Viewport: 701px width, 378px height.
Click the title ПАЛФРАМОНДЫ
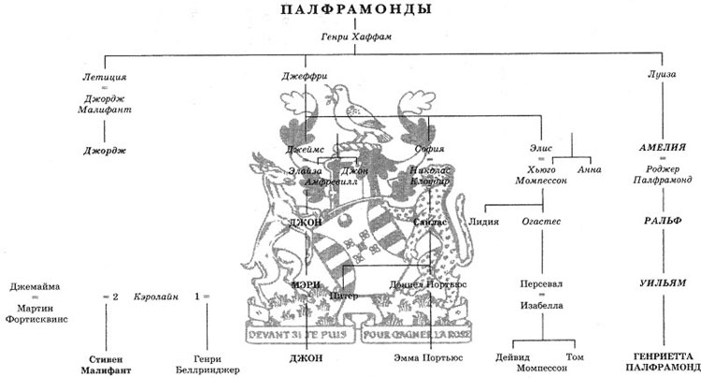pos(350,11)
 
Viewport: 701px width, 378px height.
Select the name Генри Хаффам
pos(350,37)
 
